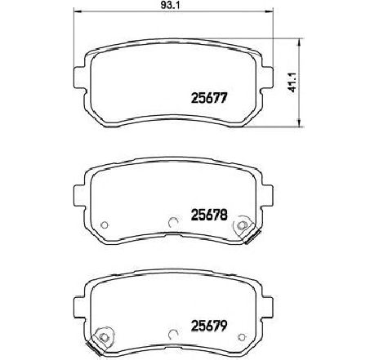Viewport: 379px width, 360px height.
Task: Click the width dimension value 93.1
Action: (169, 5)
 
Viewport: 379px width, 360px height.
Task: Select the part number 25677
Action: (209, 98)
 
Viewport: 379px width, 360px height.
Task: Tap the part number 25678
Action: (209, 215)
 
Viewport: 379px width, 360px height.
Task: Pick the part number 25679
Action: (209, 325)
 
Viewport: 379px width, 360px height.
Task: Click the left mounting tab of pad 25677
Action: (79, 77)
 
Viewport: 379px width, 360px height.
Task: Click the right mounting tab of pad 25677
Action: (267, 77)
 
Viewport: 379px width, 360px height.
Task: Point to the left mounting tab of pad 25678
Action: (79, 196)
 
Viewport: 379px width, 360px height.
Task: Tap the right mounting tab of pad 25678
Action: (267, 196)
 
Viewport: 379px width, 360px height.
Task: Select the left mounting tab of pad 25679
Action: (79, 307)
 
